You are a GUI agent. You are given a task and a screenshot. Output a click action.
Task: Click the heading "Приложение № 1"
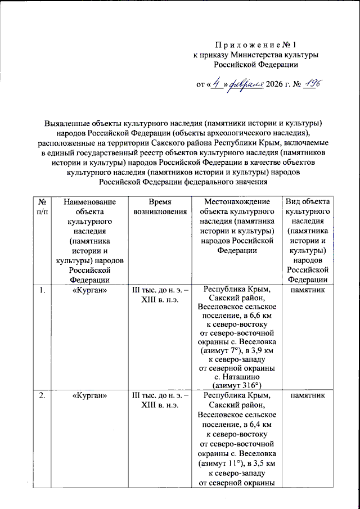255,45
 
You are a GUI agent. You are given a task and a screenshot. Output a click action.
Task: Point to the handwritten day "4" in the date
216,84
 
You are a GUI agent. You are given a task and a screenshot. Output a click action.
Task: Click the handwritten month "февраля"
246,84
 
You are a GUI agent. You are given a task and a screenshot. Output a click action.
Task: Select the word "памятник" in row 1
307,290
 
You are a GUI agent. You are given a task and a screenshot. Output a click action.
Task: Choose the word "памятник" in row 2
307,397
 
